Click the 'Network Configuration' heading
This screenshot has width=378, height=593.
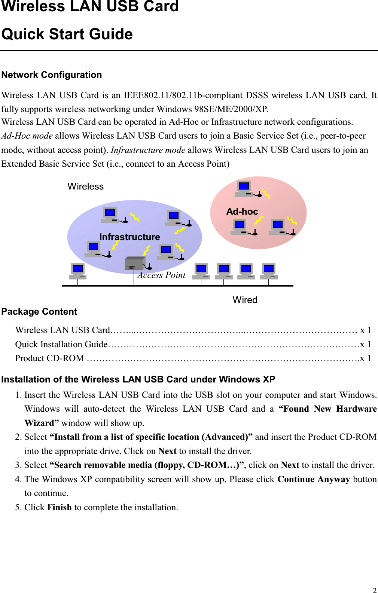point(52,75)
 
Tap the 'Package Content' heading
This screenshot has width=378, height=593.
point(39,312)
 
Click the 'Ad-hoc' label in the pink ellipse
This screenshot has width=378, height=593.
point(242,212)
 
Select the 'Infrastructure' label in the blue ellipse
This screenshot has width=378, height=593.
point(129,237)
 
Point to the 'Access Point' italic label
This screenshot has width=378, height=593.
point(161,275)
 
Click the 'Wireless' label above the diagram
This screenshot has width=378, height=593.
point(85,187)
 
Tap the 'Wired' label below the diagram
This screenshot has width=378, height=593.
point(245,300)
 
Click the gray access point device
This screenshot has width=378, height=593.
point(135,263)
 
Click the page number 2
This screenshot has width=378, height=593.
point(375,590)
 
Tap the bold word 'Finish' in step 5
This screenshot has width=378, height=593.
point(60,507)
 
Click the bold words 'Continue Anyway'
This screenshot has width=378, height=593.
point(314,479)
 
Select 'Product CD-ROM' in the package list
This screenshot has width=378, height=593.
point(49,358)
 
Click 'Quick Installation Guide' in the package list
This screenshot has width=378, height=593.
point(61,344)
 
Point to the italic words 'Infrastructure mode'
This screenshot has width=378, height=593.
point(148,150)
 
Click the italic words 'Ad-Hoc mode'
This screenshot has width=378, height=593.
point(27,136)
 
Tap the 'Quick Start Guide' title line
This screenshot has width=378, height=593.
point(67,34)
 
